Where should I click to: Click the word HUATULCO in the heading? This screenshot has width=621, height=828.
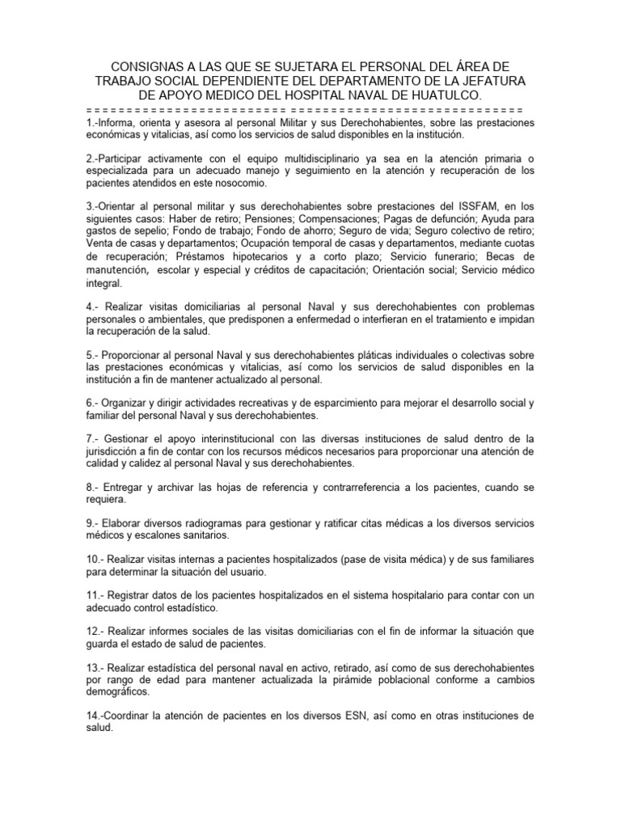[x=437, y=96]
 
